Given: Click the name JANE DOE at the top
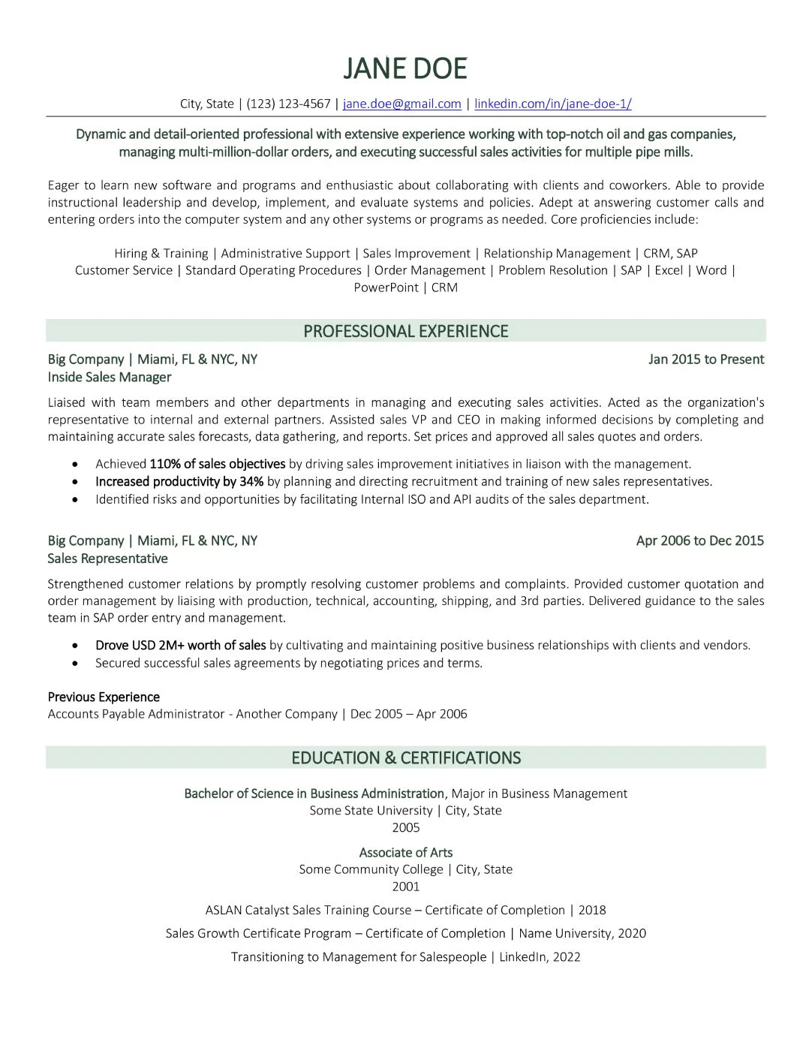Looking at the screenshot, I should point(405,68).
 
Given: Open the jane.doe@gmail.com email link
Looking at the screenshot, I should point(401,104).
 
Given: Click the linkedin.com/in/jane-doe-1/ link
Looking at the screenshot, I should point(552,104).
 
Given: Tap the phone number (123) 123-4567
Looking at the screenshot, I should point(288,104).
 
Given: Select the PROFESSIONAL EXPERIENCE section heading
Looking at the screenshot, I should point(405,331).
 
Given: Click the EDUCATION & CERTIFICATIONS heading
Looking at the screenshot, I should point(405,757).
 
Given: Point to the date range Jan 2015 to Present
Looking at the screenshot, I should point(705,359).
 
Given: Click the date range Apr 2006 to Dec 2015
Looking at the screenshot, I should point(699,541).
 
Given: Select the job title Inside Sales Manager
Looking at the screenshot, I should point(110,377).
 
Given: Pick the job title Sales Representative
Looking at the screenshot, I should point(107,559).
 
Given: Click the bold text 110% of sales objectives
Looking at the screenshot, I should point(218,464).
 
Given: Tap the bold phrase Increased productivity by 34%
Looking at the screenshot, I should point(179,481).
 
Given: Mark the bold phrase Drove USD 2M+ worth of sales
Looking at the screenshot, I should point(180,645).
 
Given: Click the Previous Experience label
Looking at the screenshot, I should point(104,697).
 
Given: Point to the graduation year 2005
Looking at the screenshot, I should point(405,827).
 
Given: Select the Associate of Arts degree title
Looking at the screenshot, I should point(405,852).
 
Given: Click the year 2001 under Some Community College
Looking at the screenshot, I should point(405,887).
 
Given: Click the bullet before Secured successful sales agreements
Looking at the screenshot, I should point(75,664).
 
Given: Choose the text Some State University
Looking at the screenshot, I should point(371,810).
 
